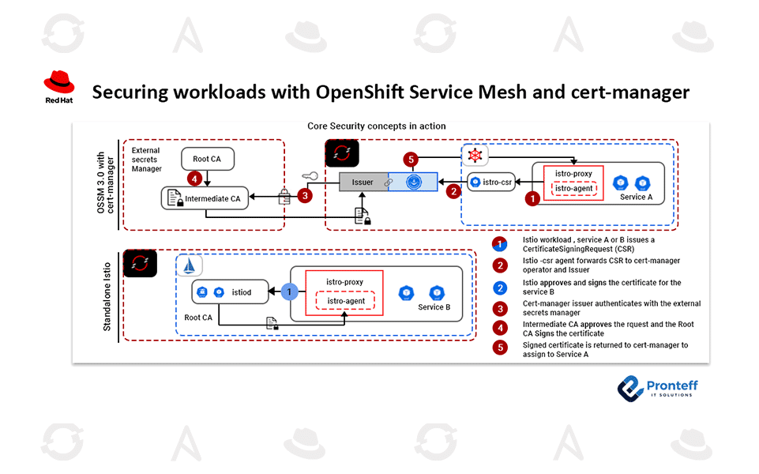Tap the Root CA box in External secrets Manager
[x=206, y=159]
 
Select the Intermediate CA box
[x=205, y=198]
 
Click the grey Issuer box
[x=363, y=182]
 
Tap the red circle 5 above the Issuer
[x=410, y=159]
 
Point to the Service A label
[x=637, y=197]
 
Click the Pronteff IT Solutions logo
[x=657, y=387]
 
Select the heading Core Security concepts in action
[x=376, y=126]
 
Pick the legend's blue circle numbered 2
[x=499, y=288]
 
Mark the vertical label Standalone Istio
[x=108, y=295]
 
